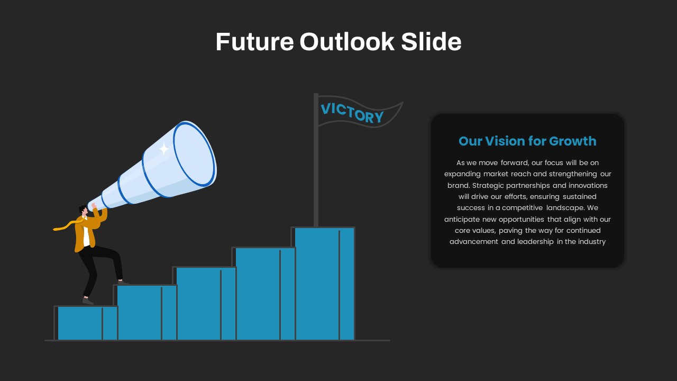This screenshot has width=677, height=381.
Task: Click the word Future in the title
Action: (x=254, y=42)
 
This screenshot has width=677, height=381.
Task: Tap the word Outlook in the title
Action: (x=347, y=41)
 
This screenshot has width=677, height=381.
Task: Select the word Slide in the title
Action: (x=431, y=41)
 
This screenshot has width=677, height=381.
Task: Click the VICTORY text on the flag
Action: (x=352, y=113)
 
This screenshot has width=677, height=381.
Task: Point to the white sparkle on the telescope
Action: (x=164, y=149)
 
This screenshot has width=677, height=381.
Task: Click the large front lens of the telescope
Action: (x=194, y=153)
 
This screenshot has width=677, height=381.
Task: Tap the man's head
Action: (x=83, y=210)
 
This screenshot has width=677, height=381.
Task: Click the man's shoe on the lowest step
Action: (x=88, y=302)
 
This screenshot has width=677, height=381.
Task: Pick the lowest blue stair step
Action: (x=86, y=323)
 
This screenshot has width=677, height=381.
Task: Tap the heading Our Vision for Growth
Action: (x=527, y=141)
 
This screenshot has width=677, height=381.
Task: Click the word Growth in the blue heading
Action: (x=573, y=141)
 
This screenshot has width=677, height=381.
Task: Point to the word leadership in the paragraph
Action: (x=535, y=242)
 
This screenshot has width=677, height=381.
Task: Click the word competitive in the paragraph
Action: (x=522, y=208)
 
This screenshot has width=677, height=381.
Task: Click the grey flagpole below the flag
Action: (x=316, y=160)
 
